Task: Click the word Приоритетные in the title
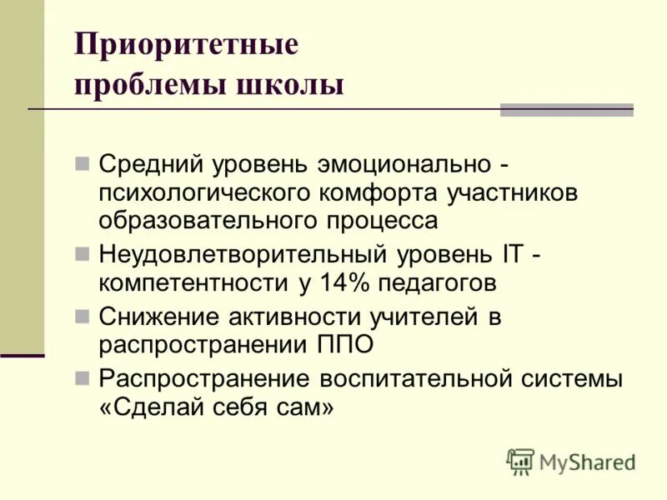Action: [x=185, y=44]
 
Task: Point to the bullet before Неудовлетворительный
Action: [x=82, y=252]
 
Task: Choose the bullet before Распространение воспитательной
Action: [x=82, y=378]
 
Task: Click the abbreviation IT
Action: [x=510, y=252]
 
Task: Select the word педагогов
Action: [x=438, y=282]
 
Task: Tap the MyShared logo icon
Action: [x=520, y=461]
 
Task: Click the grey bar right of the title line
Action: [x=566, y=109]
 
